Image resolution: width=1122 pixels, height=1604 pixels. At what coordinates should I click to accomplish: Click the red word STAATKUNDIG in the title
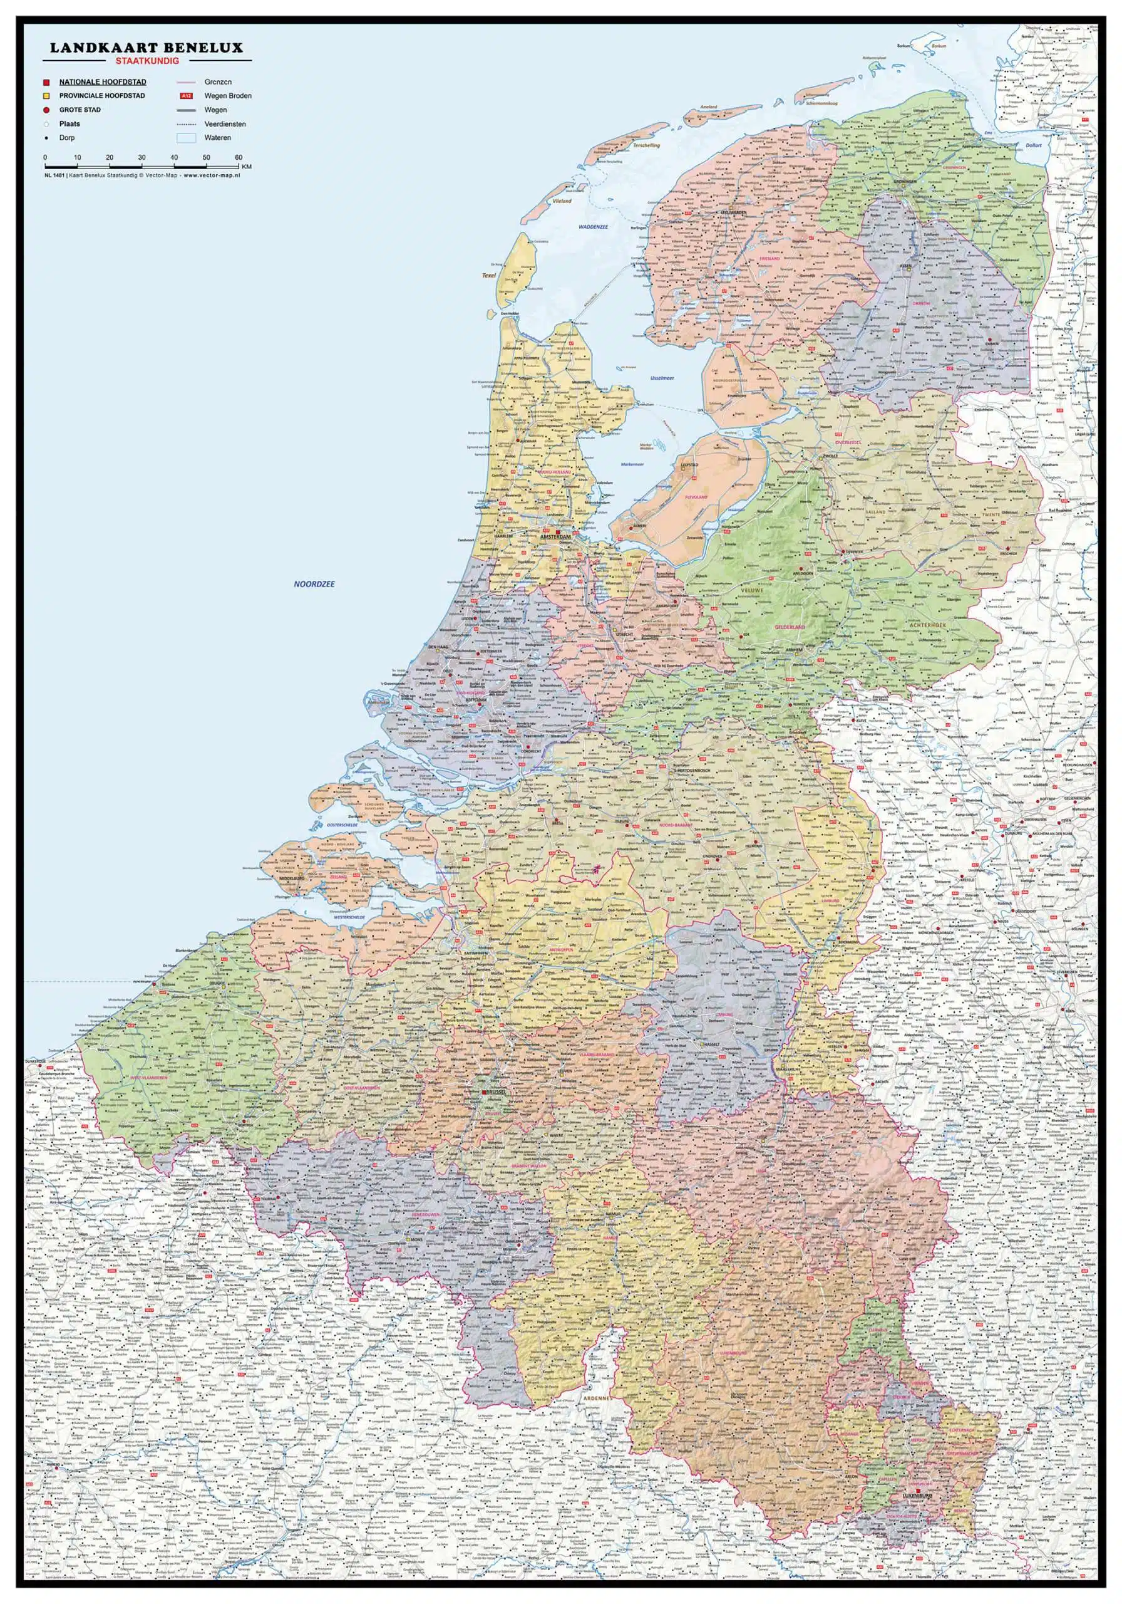click(147, 61)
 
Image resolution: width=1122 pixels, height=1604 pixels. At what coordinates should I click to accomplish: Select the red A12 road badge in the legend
click(186, 96)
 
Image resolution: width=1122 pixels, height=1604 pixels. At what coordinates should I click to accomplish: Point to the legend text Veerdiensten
click(225, 124)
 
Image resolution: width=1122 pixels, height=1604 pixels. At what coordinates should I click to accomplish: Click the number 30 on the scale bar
click(142, 158)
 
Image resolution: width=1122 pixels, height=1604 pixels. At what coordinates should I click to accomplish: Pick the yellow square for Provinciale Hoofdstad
click(46, 96)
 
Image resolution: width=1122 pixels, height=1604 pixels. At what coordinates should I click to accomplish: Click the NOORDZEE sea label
click(314, 584)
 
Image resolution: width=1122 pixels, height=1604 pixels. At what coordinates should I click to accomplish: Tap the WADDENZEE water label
click(594, 227)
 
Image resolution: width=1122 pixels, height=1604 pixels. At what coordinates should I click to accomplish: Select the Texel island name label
click(488, 276)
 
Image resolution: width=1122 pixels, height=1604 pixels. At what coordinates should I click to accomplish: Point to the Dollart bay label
click(1033, 145)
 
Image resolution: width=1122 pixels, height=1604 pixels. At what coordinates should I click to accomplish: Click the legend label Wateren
click(217, 138)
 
